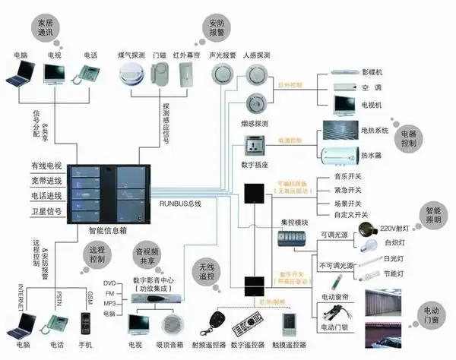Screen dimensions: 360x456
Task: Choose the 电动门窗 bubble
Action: tap(432, 313)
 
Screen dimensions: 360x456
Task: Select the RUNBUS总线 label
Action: tap(181, 204)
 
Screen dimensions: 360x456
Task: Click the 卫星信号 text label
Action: tap(46, 212)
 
